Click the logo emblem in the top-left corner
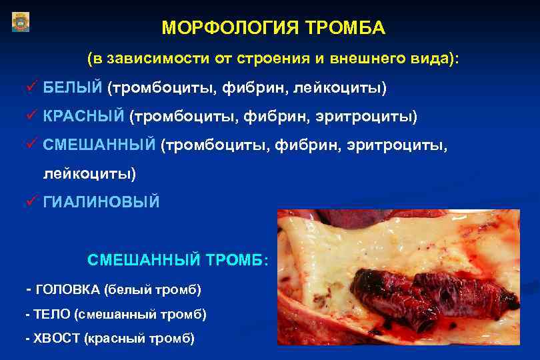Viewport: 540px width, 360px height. [21, 23]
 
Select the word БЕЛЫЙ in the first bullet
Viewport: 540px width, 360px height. [73, 87]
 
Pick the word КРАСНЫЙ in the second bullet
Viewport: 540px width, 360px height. [84, 117]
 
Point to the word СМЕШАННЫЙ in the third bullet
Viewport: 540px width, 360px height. [99, 145]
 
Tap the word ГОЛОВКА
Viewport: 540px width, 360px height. [65, 290]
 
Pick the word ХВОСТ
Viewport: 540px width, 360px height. [56, 338]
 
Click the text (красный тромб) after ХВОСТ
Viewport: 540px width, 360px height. [139, 338]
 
